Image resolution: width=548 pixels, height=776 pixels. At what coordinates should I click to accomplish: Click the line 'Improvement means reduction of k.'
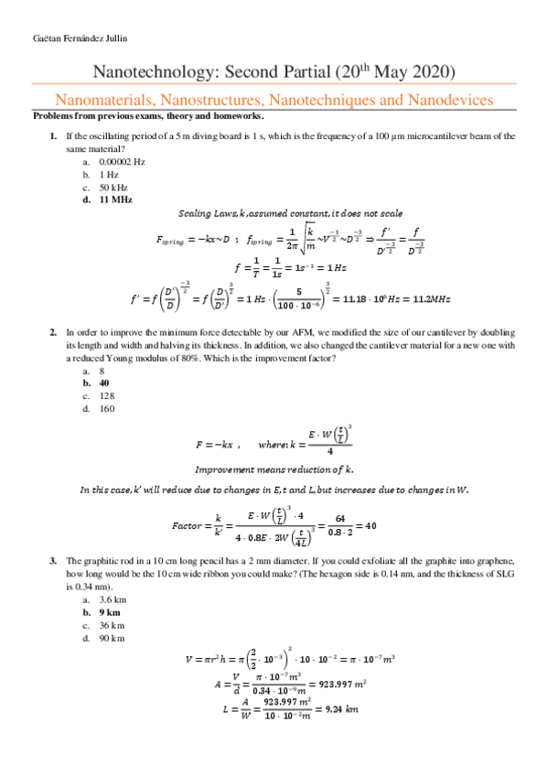click(274, 469)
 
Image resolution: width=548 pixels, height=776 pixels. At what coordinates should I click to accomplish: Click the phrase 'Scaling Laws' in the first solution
click(206, 213)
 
